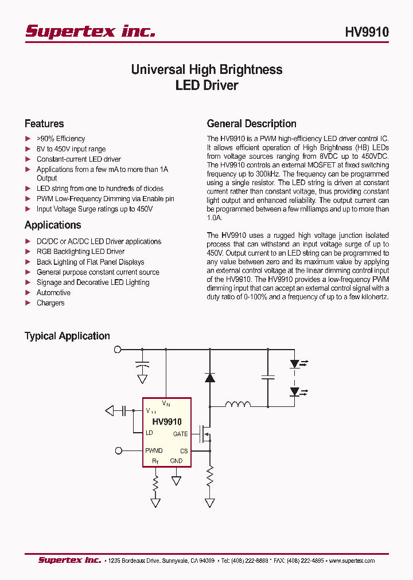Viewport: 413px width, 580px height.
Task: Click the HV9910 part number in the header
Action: (x=367, y=32)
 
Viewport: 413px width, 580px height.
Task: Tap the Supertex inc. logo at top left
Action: (x=90, y=32)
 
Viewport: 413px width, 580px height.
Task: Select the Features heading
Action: (x=44, y=124)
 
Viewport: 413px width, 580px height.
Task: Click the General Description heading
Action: (x=251, y=124)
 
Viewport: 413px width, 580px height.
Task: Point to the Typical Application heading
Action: (x=67, y=336)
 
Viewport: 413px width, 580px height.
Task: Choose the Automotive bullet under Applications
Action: (x=53, y=293)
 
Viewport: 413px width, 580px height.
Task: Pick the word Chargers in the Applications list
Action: (x=50, y=303)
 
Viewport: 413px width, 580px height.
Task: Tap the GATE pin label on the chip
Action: (x=180, y=434)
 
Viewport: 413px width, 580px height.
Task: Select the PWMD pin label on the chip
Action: (x=154, y=451)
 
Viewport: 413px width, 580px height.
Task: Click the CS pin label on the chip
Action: (x=184, y=451)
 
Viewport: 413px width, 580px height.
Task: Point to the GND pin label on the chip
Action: (x=176, y=461)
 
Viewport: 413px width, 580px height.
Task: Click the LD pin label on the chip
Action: (x=149, y=433)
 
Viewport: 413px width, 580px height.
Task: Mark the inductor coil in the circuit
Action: (x=237, y=405)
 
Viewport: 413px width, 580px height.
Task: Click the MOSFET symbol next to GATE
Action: (x=204, y=434)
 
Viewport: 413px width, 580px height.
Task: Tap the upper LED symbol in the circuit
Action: (x=295, y=364)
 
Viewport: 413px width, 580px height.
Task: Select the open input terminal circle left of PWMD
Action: (x=119, y=450)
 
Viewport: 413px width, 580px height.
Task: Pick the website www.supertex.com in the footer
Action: (x=352, y=561)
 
